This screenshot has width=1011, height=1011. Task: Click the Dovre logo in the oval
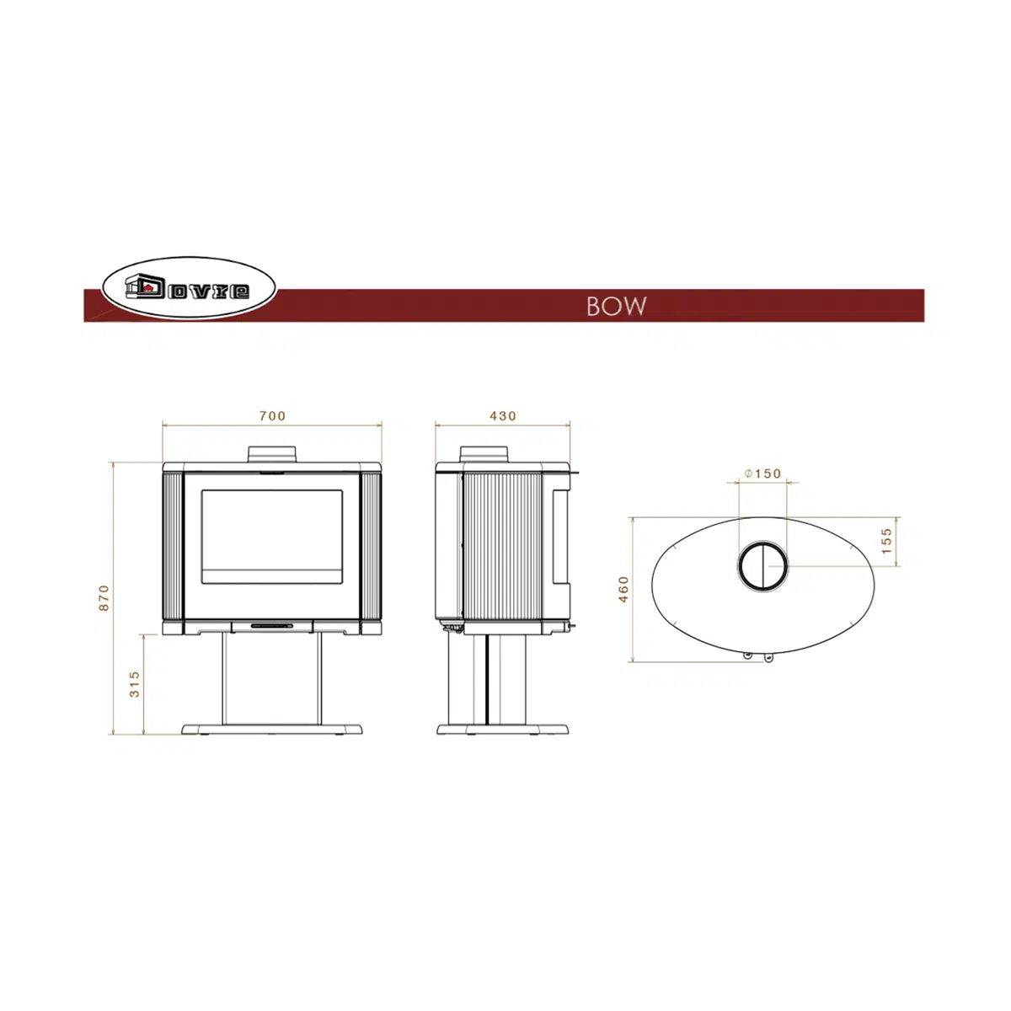pyautogui.click(x=189, y=287)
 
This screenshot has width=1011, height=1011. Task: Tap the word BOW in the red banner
pyautogui.click(x=616, y=307)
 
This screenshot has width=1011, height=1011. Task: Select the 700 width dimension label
pyautogui.click(x=272, y=416)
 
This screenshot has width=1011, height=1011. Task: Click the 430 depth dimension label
pyautogui.click(x=503, y=416)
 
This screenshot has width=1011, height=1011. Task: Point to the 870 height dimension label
pyautogui.click(x=104, y=597)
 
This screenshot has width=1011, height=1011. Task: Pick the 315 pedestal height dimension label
pyautogui.click(x=135, y=684)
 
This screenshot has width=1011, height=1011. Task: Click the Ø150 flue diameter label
pyautogui.click(x=762, y=473)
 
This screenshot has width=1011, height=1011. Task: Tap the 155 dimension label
pyautogui.click(x=886, y=541)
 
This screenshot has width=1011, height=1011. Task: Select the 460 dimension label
pyautogui.click(x=623, y=589)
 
